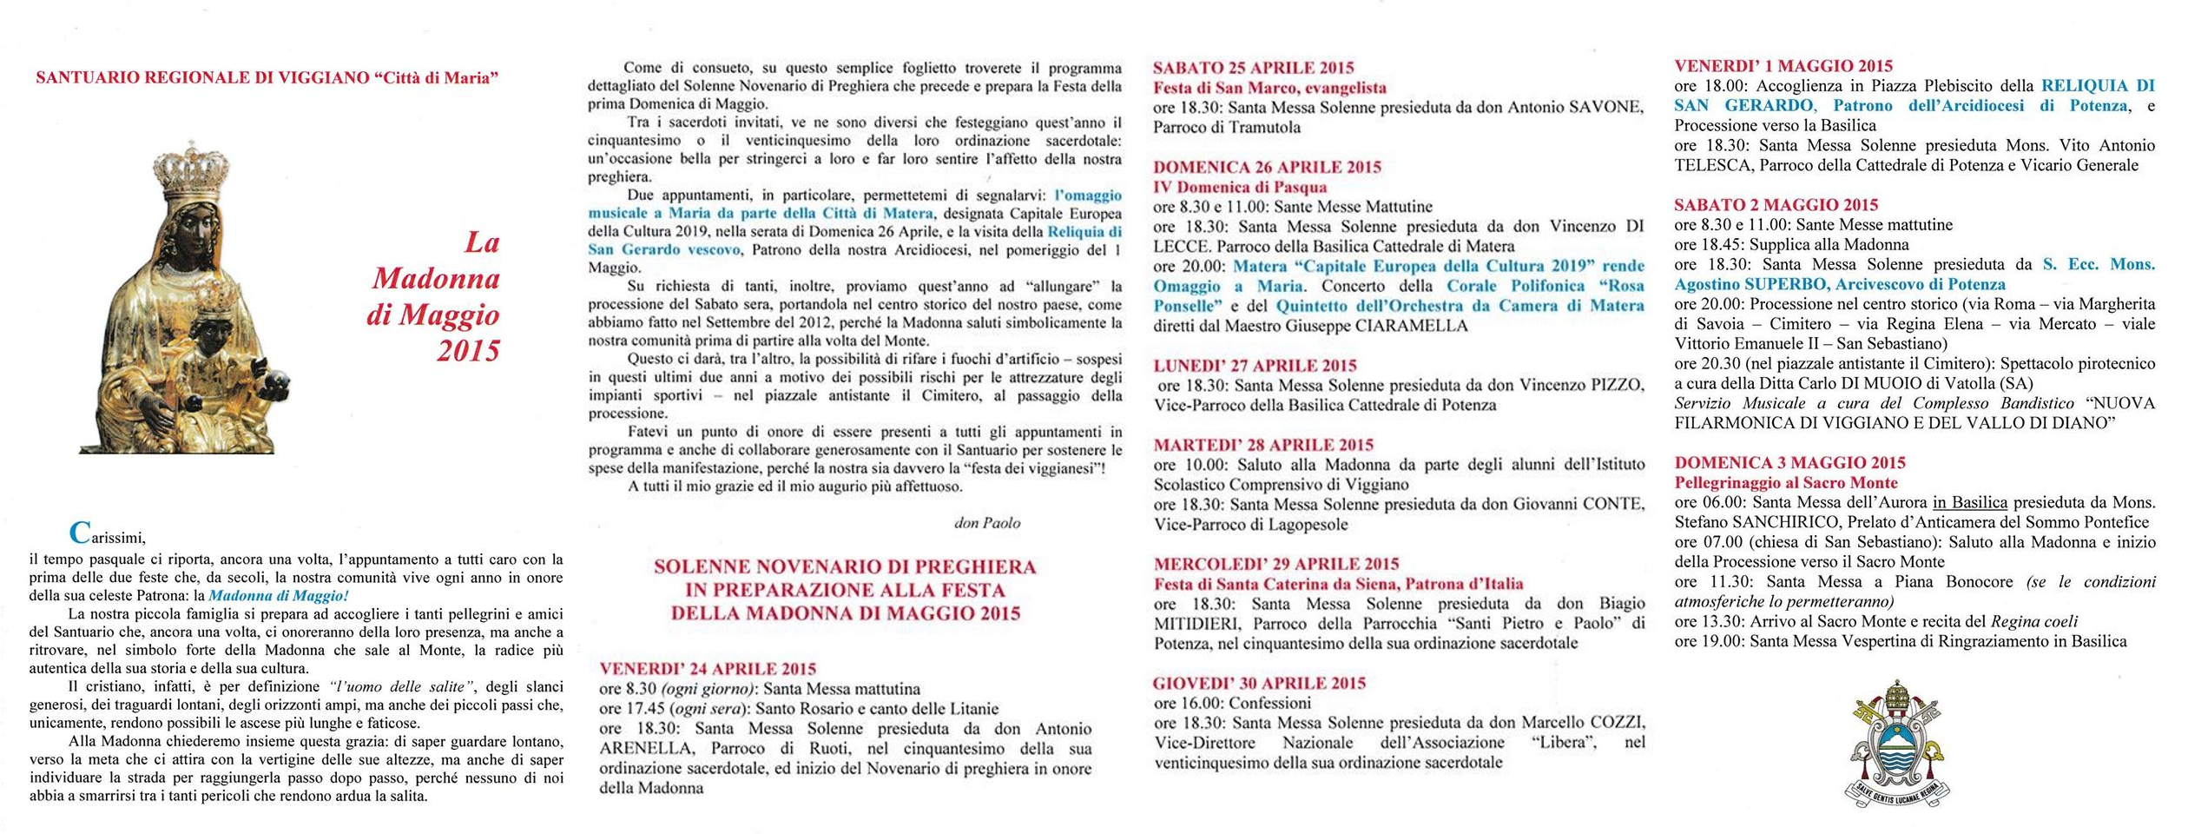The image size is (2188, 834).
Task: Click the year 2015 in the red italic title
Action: tap(468, 351)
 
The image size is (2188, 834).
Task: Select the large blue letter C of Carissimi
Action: tap(80, 532)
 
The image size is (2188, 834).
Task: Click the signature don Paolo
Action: tap(987, 523)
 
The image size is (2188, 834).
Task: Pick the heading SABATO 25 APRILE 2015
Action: tap(1253, 68)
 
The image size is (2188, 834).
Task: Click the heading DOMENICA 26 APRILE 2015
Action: tap(1267, 167)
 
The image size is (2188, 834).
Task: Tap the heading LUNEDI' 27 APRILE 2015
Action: tap(1255, 366)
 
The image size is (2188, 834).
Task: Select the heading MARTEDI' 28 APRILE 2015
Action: tap(1263, 445)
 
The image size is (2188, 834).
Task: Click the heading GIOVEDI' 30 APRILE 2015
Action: tap(1259, 683)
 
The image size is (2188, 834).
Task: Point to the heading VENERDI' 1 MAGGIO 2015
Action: tap(1783, 66)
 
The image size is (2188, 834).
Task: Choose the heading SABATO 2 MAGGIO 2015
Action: tap(1776, 205)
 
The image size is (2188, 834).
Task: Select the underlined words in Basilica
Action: tap(1969, 502)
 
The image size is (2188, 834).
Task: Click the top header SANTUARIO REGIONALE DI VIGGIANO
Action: tap(267, 78)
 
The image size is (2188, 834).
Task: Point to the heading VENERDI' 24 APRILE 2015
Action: tap(708, 669)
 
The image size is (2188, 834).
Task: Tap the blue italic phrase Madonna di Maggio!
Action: tap(279, 596)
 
